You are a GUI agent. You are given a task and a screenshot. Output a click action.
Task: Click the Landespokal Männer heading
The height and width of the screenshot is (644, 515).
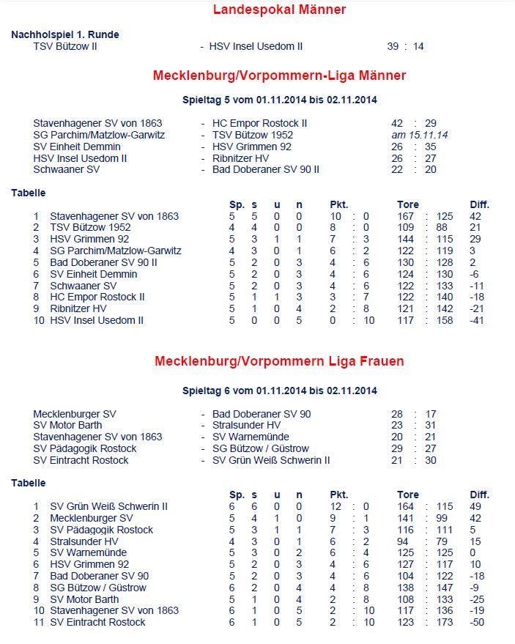279,10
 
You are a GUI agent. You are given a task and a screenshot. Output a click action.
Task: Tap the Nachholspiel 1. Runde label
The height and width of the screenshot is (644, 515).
65,34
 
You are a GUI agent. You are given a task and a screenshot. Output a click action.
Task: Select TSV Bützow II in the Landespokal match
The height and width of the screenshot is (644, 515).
65,46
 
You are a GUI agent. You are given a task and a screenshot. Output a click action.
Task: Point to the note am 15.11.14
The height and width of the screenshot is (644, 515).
420,135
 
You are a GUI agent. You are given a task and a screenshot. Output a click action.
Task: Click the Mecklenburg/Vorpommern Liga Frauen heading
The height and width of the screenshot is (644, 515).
279,361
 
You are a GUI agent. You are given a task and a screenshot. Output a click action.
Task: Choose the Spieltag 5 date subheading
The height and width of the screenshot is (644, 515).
279,100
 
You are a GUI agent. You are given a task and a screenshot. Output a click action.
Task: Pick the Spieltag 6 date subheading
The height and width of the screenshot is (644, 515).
279,391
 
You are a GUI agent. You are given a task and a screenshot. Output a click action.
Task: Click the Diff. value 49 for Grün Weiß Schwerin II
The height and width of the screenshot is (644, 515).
475,506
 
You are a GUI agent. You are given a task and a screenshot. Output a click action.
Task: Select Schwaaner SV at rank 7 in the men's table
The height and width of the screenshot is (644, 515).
83,286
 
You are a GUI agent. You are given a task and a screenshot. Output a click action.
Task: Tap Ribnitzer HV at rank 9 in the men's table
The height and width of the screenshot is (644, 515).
78,308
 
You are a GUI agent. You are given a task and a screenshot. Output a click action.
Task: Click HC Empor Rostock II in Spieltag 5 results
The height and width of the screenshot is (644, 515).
259,123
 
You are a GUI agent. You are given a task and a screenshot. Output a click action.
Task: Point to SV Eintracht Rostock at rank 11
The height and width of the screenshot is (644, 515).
97,622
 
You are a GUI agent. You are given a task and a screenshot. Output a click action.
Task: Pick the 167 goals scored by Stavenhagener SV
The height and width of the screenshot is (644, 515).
405,216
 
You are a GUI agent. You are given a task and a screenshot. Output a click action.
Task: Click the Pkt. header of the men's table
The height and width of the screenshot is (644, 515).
339,204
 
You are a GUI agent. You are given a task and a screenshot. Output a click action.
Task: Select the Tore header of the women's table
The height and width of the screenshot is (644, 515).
408,495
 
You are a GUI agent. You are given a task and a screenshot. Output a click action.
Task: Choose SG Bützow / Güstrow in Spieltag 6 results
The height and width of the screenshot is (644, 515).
260,448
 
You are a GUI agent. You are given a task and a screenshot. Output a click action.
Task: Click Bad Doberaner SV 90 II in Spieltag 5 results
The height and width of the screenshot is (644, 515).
265,169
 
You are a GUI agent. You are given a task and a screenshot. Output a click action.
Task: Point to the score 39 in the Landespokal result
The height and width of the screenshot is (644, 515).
393,46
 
